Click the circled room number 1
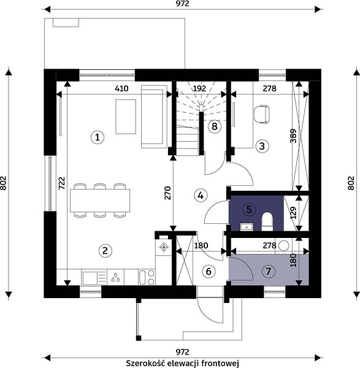[98, 137]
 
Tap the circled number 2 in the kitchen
[105, 251]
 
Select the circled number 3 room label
[262, 146]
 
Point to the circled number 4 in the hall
[201, 195]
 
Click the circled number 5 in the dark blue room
[249, 209]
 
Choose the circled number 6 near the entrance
[209, 271]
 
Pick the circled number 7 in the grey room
[269, 271]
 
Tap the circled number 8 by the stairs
[215, 126]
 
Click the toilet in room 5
[267, 221]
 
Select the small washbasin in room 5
[247, 227]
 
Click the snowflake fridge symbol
[164, 247]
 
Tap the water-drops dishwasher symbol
[115, 277]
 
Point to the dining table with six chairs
[100, 201]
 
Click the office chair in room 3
[261, 114]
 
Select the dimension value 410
[121, 88]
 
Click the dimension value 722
[61, 183]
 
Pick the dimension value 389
[293, 136]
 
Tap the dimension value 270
[167, 193]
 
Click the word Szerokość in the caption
[145, 363]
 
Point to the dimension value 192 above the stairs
[199, 88]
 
